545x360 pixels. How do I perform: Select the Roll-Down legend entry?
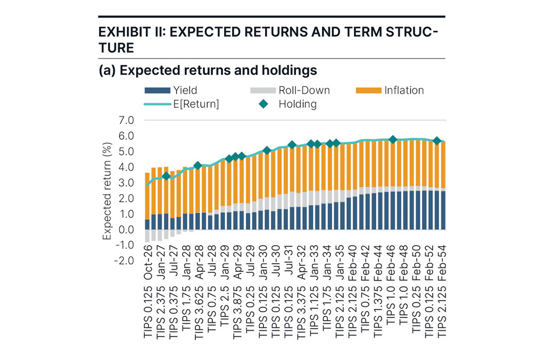click(x=304, y=90)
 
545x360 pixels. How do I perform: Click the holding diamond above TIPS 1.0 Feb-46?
click(x=393, y=140)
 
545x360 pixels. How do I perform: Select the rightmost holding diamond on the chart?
click(x=437, y=141)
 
